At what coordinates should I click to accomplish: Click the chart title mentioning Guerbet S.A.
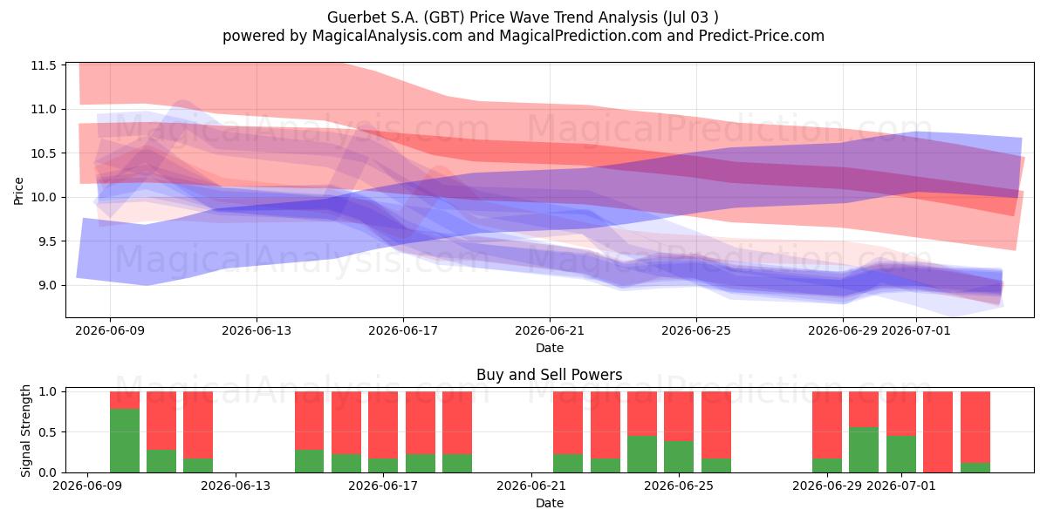[x=523, y=17]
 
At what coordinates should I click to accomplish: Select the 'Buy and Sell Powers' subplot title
[x=549, y=375]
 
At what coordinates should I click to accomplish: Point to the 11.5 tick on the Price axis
[x=44, y=65]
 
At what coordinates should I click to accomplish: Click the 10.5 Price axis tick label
[x=44, y=153]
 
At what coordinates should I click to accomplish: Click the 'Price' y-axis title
[x=18, y=191]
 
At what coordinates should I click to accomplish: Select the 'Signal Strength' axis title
[x=25, y=431]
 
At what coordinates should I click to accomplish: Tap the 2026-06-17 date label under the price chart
[x=403, y=331]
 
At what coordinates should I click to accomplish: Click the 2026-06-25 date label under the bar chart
[x=679, y=486]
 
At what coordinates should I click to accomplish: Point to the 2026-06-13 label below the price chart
[x=257, y=331]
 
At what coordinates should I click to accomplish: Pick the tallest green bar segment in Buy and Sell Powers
[x=124, y=440]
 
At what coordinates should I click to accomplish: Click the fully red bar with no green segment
[x=938, y=432]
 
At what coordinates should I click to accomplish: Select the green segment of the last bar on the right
[x=975, y=467]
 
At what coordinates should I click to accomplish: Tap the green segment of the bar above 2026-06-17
[x=383, y=465]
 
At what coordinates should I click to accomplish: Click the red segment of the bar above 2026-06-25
[x=679, y=416]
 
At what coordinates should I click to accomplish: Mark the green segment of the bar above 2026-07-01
[x=901, y=454]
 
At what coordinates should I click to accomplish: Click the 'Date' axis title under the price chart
[x=549, y=348]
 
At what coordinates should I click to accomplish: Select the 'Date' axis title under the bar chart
[x=549, y=503]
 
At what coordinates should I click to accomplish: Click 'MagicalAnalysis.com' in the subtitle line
[x=387, y=36]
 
